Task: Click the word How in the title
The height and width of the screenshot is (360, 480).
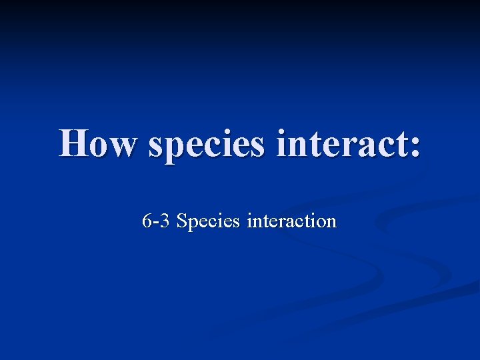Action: point(99,143)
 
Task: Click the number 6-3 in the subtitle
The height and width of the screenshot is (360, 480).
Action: point(157,221)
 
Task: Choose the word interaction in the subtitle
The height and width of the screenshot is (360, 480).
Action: point(291,221)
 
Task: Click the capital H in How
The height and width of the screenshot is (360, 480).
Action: point(74,143)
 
